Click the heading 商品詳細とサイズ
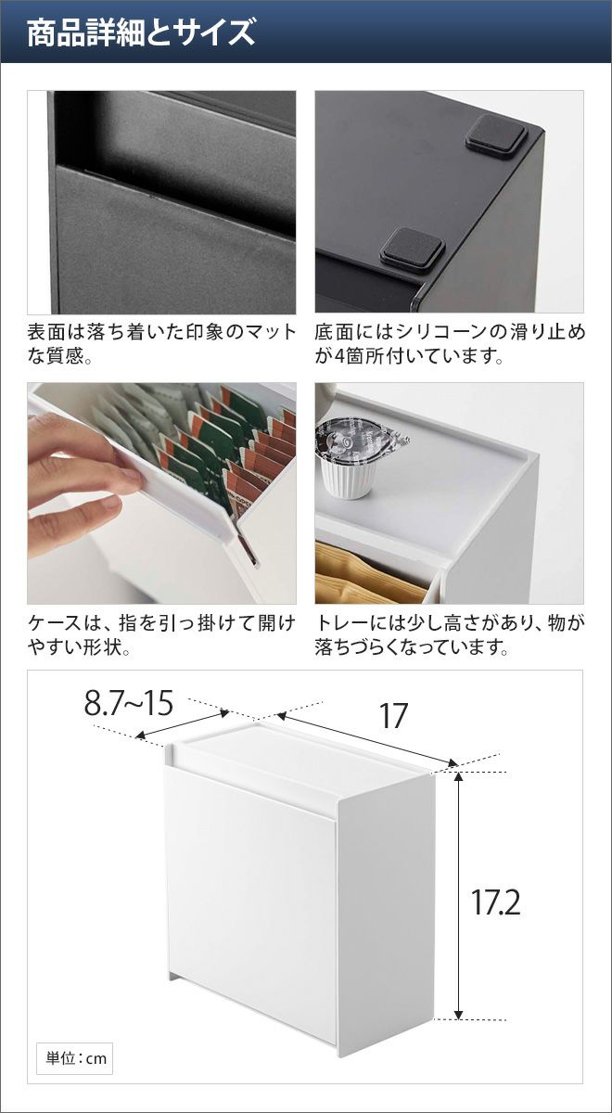[x=141, y=33]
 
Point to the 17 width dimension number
[x=393, y=715]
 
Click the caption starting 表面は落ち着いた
[x=161, y=344]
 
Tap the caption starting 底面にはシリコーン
[x=450, y=344]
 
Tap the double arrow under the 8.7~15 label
[x=183, y=724]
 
